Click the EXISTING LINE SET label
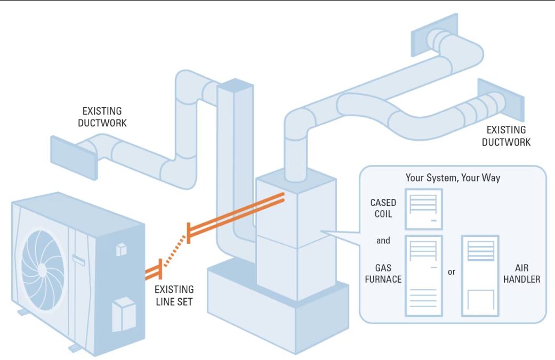point(174,295)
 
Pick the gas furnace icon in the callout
point(423,275)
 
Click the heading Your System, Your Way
point(453,178)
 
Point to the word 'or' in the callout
point(452,272)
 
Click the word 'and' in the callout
point(383,241)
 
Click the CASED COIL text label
point(383,208)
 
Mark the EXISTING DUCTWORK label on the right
point(506,136)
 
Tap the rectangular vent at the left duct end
point(71,152)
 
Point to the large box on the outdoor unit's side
point(124,313)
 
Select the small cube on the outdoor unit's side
point(121,250)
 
